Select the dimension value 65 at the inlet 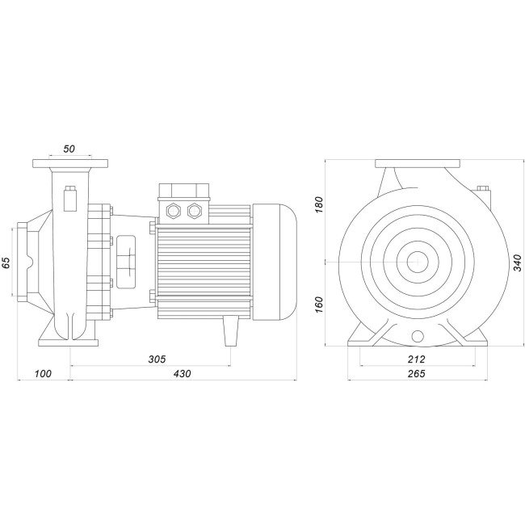6,262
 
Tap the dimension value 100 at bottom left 43,375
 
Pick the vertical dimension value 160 320,304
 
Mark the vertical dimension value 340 517,263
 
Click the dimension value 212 417,358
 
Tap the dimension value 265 417,375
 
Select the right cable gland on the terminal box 193,212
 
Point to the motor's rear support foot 230,330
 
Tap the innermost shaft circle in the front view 417,262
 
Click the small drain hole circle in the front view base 417,336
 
